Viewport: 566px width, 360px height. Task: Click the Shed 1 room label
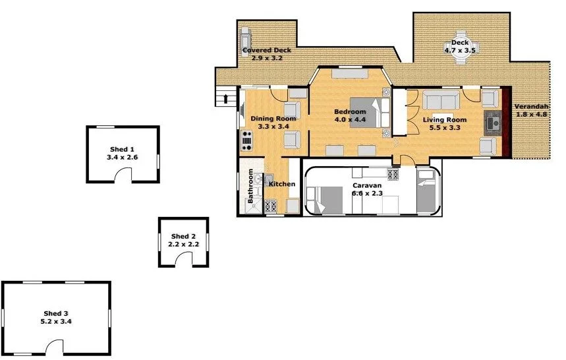coord(122,150)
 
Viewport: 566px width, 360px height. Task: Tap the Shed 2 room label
coord(184,236)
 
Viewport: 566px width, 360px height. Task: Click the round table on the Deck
coord(460,53)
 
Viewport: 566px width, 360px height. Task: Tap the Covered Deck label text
coord(266,50)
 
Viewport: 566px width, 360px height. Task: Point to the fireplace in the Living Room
coord(492,122)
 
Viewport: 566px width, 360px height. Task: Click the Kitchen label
coord(282,184)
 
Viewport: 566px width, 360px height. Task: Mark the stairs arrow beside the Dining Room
coord(227,99)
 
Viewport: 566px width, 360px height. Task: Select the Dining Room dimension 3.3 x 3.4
coord(273,126)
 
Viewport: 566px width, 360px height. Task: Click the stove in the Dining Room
coord(248,140)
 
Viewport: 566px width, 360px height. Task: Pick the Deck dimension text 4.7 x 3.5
coord(460,49)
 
